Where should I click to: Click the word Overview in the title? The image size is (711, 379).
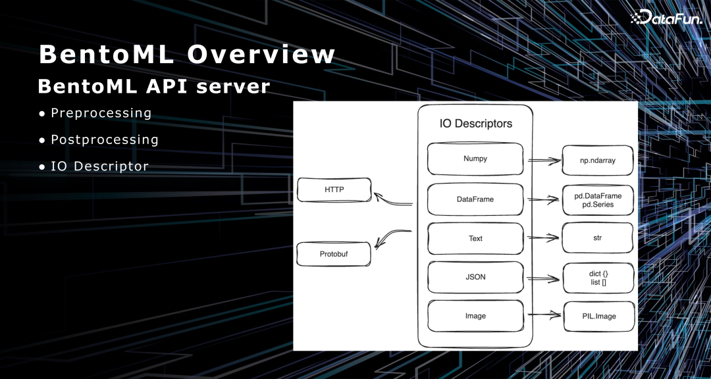point(261,54)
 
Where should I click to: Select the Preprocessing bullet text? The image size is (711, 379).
point(101,113)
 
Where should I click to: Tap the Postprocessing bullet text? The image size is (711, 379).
point(105,139)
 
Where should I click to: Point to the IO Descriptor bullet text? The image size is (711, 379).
point(99,166)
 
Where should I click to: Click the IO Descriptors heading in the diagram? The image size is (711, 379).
point(475,124)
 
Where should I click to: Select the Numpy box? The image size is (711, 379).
point(475,159)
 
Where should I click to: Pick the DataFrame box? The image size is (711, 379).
point(475,199)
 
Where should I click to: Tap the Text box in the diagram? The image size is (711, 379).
point(475,238)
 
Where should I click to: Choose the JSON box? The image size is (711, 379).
point(475,277)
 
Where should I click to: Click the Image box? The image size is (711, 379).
point(475,316)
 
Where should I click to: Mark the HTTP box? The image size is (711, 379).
point(334,190)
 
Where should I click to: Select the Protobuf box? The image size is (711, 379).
point(334,254)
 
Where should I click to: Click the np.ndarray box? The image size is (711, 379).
point(598,161)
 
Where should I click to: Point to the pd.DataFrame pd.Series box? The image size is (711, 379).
point(598,200)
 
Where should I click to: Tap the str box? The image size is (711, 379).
point(598,238)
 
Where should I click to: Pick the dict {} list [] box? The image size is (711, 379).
point(598,278)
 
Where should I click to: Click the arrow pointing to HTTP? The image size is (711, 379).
point(393,199)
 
